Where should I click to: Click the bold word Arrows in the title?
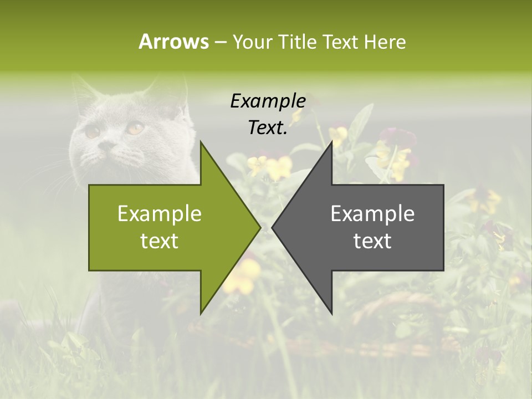click(173, 42)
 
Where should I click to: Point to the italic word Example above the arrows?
click(268, 101)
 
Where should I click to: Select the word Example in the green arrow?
click(160, 213)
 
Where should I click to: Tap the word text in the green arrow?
click(160, 241)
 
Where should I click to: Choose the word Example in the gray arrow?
click(372, 213)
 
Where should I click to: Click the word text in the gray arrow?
click(372, 241)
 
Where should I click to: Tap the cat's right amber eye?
click(135, 128)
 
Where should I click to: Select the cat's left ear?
click(83, 91)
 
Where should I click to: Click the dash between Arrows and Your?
click(220, 43)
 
